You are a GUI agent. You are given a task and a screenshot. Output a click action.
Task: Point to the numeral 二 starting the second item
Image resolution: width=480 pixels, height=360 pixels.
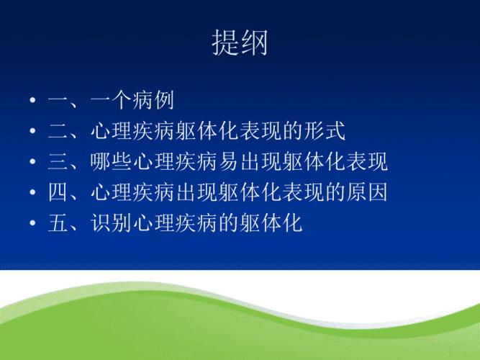point(58,132)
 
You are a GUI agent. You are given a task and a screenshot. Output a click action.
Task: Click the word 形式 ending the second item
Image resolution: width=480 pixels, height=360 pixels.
point(325,132)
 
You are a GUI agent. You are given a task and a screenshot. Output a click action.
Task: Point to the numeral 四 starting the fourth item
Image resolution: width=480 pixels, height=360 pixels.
point(58,194)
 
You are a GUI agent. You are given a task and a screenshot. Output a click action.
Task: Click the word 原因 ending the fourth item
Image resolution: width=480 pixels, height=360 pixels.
point(367,194)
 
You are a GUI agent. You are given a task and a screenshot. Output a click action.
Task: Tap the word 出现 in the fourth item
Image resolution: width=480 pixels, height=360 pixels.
point(196,194)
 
